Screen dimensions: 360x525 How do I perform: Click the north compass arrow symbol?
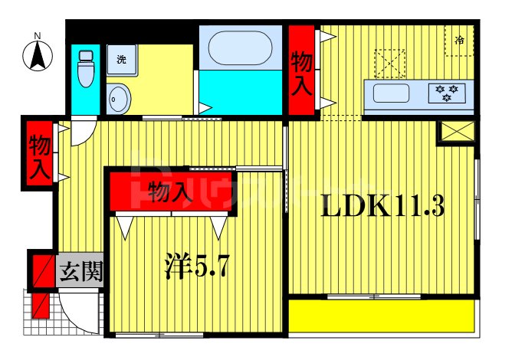pos(38,55)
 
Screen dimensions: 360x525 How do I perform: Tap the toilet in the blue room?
pos(85,68)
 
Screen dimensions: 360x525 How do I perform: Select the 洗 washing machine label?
pos(121,59)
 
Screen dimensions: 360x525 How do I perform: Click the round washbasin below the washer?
pos(119,99)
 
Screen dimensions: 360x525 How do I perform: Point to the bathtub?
pos(240,48)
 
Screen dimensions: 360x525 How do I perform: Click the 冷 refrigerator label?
pos(459,40)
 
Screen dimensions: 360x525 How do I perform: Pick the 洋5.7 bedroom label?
pos(197,267)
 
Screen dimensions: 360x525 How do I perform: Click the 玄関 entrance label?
pos(80,271)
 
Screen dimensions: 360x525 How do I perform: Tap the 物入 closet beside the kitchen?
pos(301,72)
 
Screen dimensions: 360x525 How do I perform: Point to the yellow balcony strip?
pos(381,316)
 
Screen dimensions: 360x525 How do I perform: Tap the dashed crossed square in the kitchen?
pos(389,64)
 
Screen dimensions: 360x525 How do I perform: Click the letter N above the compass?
pos(37,34)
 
